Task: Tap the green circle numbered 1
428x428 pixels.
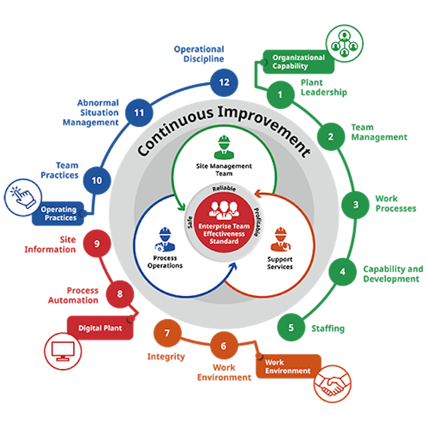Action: tap(280, 94)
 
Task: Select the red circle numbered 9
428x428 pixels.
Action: tap(97, 243)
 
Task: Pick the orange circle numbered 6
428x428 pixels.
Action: tap(224, 346)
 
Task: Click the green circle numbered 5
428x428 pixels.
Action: tap(291, 328)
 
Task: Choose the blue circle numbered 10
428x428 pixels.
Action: tap(97, 180)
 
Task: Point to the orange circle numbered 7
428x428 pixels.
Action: tap(168, 332)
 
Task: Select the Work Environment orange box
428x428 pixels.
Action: tap(288, 366)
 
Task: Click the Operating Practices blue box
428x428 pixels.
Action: tap(59, 213)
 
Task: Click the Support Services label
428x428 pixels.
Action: tap(280, 261)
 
